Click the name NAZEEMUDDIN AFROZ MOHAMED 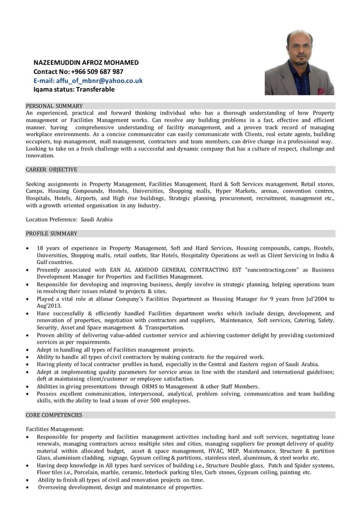86,62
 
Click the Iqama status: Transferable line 73,89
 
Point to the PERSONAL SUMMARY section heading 54,106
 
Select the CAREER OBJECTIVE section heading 51,169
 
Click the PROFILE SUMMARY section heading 51,233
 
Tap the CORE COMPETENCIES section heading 54,415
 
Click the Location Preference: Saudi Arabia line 69,219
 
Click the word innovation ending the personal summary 40,155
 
